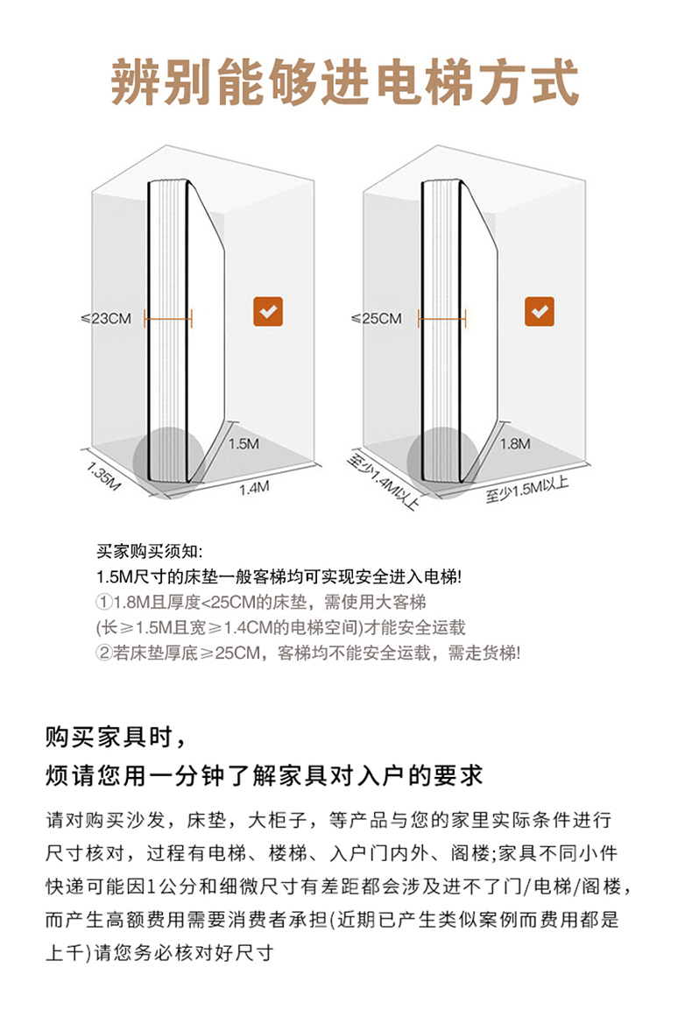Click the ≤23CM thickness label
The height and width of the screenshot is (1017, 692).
point(106,319)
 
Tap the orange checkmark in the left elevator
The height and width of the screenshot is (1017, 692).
point(268,311)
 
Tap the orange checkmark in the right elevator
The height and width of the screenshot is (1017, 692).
point(540,311)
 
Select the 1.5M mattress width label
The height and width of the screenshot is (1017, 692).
point(244,443)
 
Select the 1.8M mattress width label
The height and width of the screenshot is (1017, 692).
point(515,443)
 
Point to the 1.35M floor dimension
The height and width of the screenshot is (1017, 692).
point(103,477)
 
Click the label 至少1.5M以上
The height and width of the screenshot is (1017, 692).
point(527,490)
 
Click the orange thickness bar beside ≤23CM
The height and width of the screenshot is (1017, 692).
point(169,319)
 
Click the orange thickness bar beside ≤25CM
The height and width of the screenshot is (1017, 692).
point(442,319)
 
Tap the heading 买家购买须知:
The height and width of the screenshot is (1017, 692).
point(150,552)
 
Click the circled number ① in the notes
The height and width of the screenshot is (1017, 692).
point(103,603)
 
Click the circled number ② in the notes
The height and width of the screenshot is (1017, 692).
point(103,653)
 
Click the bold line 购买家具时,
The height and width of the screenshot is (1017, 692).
point(117,738)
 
